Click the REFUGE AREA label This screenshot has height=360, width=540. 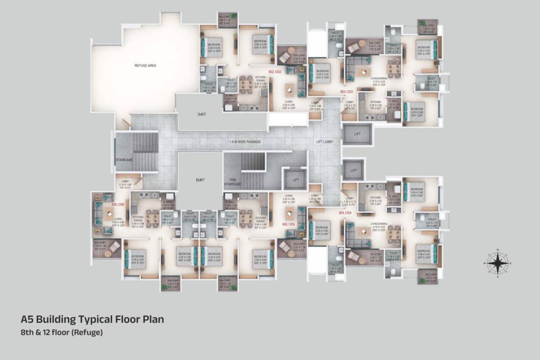pyautogui.click(x=145, y=66)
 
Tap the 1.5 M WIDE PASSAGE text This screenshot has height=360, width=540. pyautogui.click(x=245, y=142)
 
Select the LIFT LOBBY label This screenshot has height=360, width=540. pyautogui.click(x=324, y=142)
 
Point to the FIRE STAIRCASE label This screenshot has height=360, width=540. pyautogui.click(x=232, y=181)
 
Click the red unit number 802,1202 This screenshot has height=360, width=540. pyautogui.click(x=275, y=72)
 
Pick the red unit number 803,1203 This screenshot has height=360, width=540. pyautogui.click(x=346, y=91)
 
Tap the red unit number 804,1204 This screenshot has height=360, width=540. pyautogui.click(x=345, y=212)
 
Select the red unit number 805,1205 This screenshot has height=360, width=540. pyautogui.click(x=288, y=225)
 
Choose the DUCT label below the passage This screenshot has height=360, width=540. pyautogui.click(x=199, y=179)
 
